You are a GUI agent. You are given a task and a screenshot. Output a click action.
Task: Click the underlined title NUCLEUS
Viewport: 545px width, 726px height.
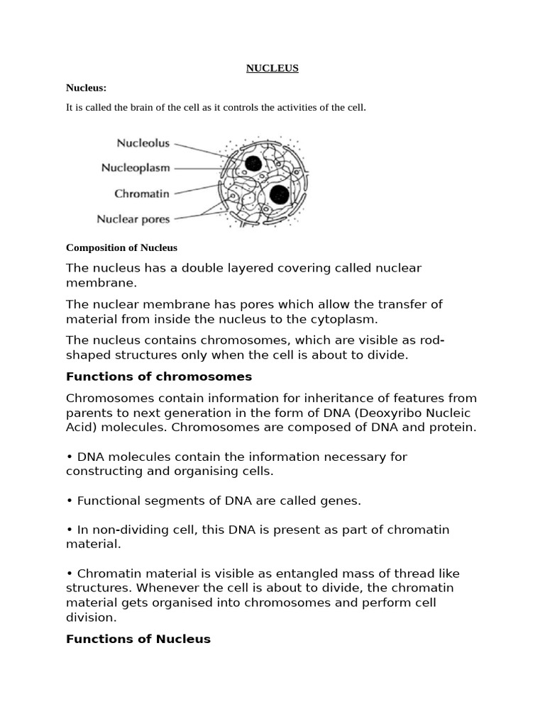tap(272, 68)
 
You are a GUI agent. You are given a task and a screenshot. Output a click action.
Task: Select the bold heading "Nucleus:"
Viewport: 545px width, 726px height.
tap(86, 88)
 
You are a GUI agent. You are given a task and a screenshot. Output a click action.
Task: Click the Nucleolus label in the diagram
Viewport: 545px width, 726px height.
tap(143, 143)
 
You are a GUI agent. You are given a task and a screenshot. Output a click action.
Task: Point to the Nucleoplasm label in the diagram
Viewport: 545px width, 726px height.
tap(136, 168)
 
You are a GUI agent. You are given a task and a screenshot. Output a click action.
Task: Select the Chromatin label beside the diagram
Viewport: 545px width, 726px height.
tap(142, 193)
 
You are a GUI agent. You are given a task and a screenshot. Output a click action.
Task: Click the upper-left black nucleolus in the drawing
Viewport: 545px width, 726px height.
tap(253, 164)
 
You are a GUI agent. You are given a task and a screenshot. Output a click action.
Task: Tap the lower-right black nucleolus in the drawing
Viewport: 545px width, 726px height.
tap(279, 194)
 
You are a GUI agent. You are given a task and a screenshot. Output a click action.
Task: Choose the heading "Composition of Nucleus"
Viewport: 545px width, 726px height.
tap(121, 247)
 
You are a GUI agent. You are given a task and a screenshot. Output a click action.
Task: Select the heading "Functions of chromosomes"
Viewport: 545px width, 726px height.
tap(159, 376)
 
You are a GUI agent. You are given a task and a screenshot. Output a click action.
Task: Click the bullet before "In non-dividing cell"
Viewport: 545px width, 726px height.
tap(70, 530)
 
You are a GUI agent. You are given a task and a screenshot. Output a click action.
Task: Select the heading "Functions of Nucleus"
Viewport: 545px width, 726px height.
tap(138, 639)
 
